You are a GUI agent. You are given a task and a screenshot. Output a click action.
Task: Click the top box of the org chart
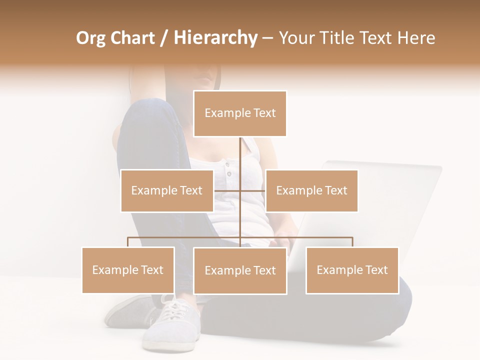240,113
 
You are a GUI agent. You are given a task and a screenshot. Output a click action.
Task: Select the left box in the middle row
167,190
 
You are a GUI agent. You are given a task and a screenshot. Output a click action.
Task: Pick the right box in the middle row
311,190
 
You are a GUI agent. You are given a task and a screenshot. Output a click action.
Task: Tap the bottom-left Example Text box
128,270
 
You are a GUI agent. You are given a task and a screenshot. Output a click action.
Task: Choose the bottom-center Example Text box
240,270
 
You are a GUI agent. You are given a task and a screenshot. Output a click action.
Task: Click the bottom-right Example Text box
352,270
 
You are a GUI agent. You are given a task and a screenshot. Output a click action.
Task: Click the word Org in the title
90,38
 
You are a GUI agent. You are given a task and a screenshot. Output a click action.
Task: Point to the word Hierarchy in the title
215,38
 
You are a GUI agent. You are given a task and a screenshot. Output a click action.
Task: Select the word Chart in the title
132,38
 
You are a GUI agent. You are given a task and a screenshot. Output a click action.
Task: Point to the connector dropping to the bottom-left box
128,242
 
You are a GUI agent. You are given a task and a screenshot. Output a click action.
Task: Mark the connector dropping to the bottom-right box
352,242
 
